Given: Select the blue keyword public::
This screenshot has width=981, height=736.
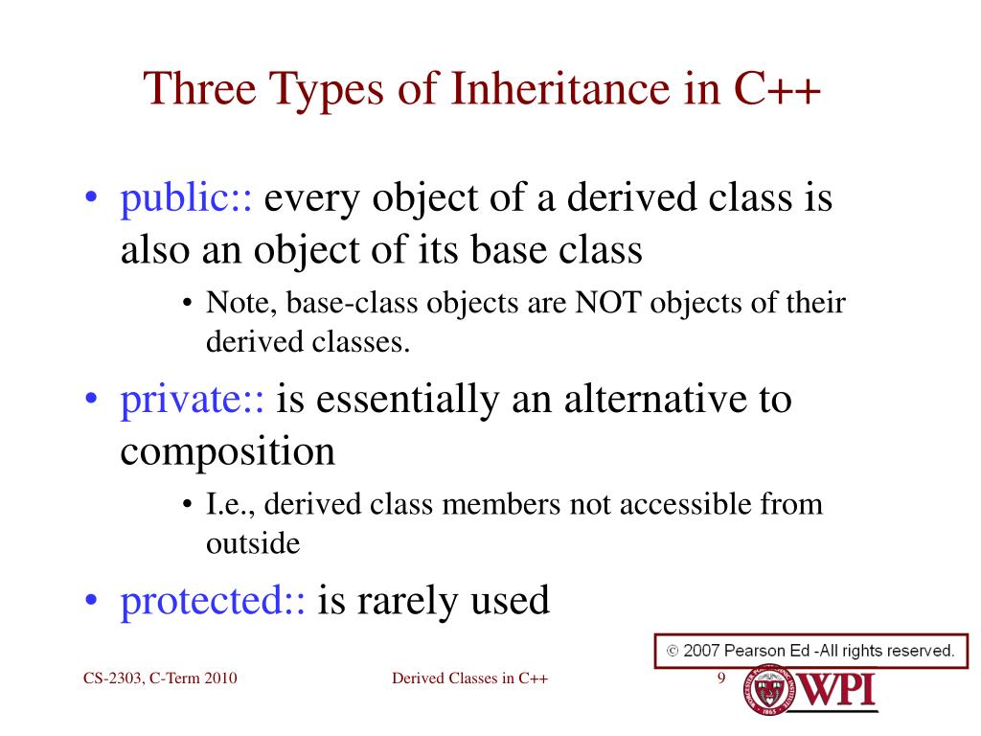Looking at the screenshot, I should point(186,199).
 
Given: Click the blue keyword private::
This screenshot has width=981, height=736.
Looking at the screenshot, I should point(192,399).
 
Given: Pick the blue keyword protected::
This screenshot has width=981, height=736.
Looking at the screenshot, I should point(213,601).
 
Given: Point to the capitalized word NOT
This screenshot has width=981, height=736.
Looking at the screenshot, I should point(607,304).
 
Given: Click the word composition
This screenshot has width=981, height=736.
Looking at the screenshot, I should point(227,450).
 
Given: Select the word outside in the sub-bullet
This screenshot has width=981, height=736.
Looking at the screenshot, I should point(253,543).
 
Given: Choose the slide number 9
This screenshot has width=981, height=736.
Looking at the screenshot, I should point(720,678).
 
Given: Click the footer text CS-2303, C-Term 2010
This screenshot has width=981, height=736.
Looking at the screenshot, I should point(159,678).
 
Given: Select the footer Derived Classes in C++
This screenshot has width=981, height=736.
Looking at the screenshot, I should point(470,678).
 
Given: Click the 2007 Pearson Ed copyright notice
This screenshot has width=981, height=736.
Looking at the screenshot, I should point(810,651).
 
